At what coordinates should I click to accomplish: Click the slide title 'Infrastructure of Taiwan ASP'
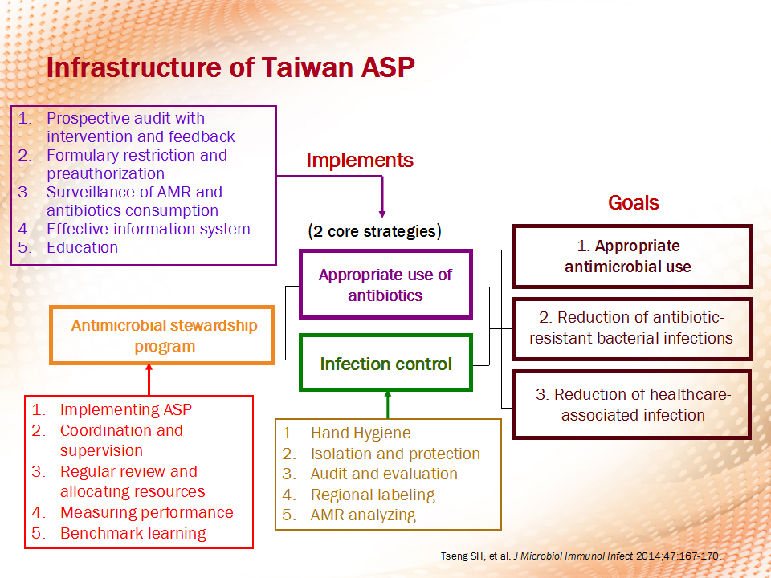230,67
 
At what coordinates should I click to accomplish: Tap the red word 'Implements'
360,161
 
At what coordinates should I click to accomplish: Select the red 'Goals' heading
634,202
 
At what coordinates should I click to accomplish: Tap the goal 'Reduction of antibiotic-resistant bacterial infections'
632,328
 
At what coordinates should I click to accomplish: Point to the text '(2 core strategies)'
375,231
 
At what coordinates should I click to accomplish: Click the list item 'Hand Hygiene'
361,433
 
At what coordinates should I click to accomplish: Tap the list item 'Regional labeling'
373,495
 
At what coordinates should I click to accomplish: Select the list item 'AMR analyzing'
363,515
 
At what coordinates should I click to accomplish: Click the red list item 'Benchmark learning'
133,533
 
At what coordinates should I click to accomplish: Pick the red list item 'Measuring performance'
146,512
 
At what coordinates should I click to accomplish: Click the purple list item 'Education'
82,247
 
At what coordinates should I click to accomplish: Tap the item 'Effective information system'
148,229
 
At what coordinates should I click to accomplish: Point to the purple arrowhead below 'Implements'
382,214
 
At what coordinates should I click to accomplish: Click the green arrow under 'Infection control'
387,405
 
